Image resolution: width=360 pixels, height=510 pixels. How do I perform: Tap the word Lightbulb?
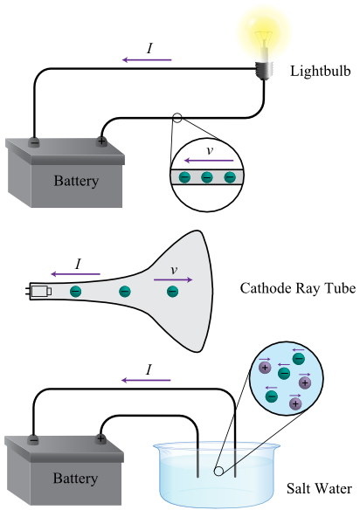coord(321,71)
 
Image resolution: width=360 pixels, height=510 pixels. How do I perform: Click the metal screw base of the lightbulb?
coord(264,70)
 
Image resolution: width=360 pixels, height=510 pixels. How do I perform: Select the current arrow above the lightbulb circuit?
coord(147,60)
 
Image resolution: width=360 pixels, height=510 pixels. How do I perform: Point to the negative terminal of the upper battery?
coord(34,142)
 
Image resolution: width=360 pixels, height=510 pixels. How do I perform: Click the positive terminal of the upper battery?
coord(101,141)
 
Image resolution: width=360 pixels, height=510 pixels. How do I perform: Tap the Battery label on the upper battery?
coord(76,181)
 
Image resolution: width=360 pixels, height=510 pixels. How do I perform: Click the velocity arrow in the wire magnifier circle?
coord(209,161)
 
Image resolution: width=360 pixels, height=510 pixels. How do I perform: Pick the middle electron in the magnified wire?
coord(207,177)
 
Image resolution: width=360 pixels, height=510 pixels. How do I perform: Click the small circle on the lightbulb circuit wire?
coord(177,117)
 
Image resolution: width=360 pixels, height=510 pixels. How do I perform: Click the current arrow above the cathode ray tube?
coord(75,274)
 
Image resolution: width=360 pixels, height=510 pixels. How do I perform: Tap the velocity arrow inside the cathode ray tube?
coord(173,279)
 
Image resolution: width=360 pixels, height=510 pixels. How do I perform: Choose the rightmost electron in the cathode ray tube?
coord(172,292)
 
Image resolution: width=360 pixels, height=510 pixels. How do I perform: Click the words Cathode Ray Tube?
coord(298,288)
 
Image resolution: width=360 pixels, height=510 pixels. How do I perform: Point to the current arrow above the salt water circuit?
coord(146,380)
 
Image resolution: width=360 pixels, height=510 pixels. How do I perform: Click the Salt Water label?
coord(319,488)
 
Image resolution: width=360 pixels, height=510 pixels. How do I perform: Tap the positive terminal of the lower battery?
coord(100,438)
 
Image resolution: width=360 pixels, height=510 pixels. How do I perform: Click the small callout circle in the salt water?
coord(218,471)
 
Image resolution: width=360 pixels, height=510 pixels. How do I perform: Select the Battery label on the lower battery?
coord(75,479)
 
